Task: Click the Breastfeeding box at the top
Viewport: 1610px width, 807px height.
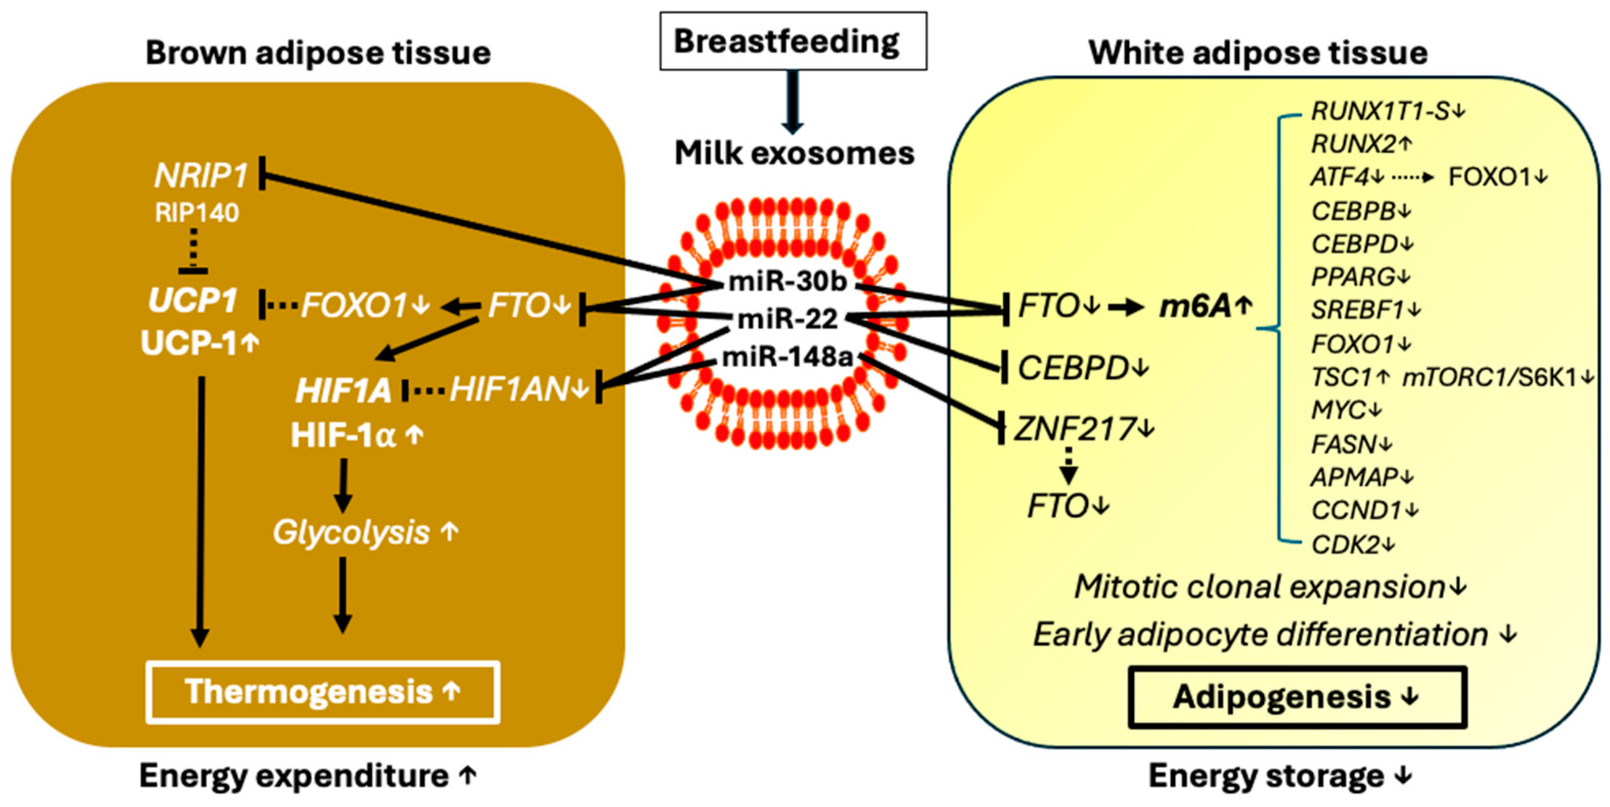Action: pos(793,41)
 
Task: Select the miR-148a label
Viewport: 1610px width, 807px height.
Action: pos(788,357)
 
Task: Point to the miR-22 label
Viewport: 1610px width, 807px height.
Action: pos(788,319)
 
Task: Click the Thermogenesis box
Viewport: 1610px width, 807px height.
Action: pos(323,692)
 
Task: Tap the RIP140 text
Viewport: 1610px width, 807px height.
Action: pos(197,213)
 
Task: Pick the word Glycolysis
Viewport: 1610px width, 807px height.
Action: pos(351,533)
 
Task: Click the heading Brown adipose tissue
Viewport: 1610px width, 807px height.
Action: pos(318,53)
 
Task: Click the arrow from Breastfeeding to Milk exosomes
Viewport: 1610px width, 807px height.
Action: pos(793,101)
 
